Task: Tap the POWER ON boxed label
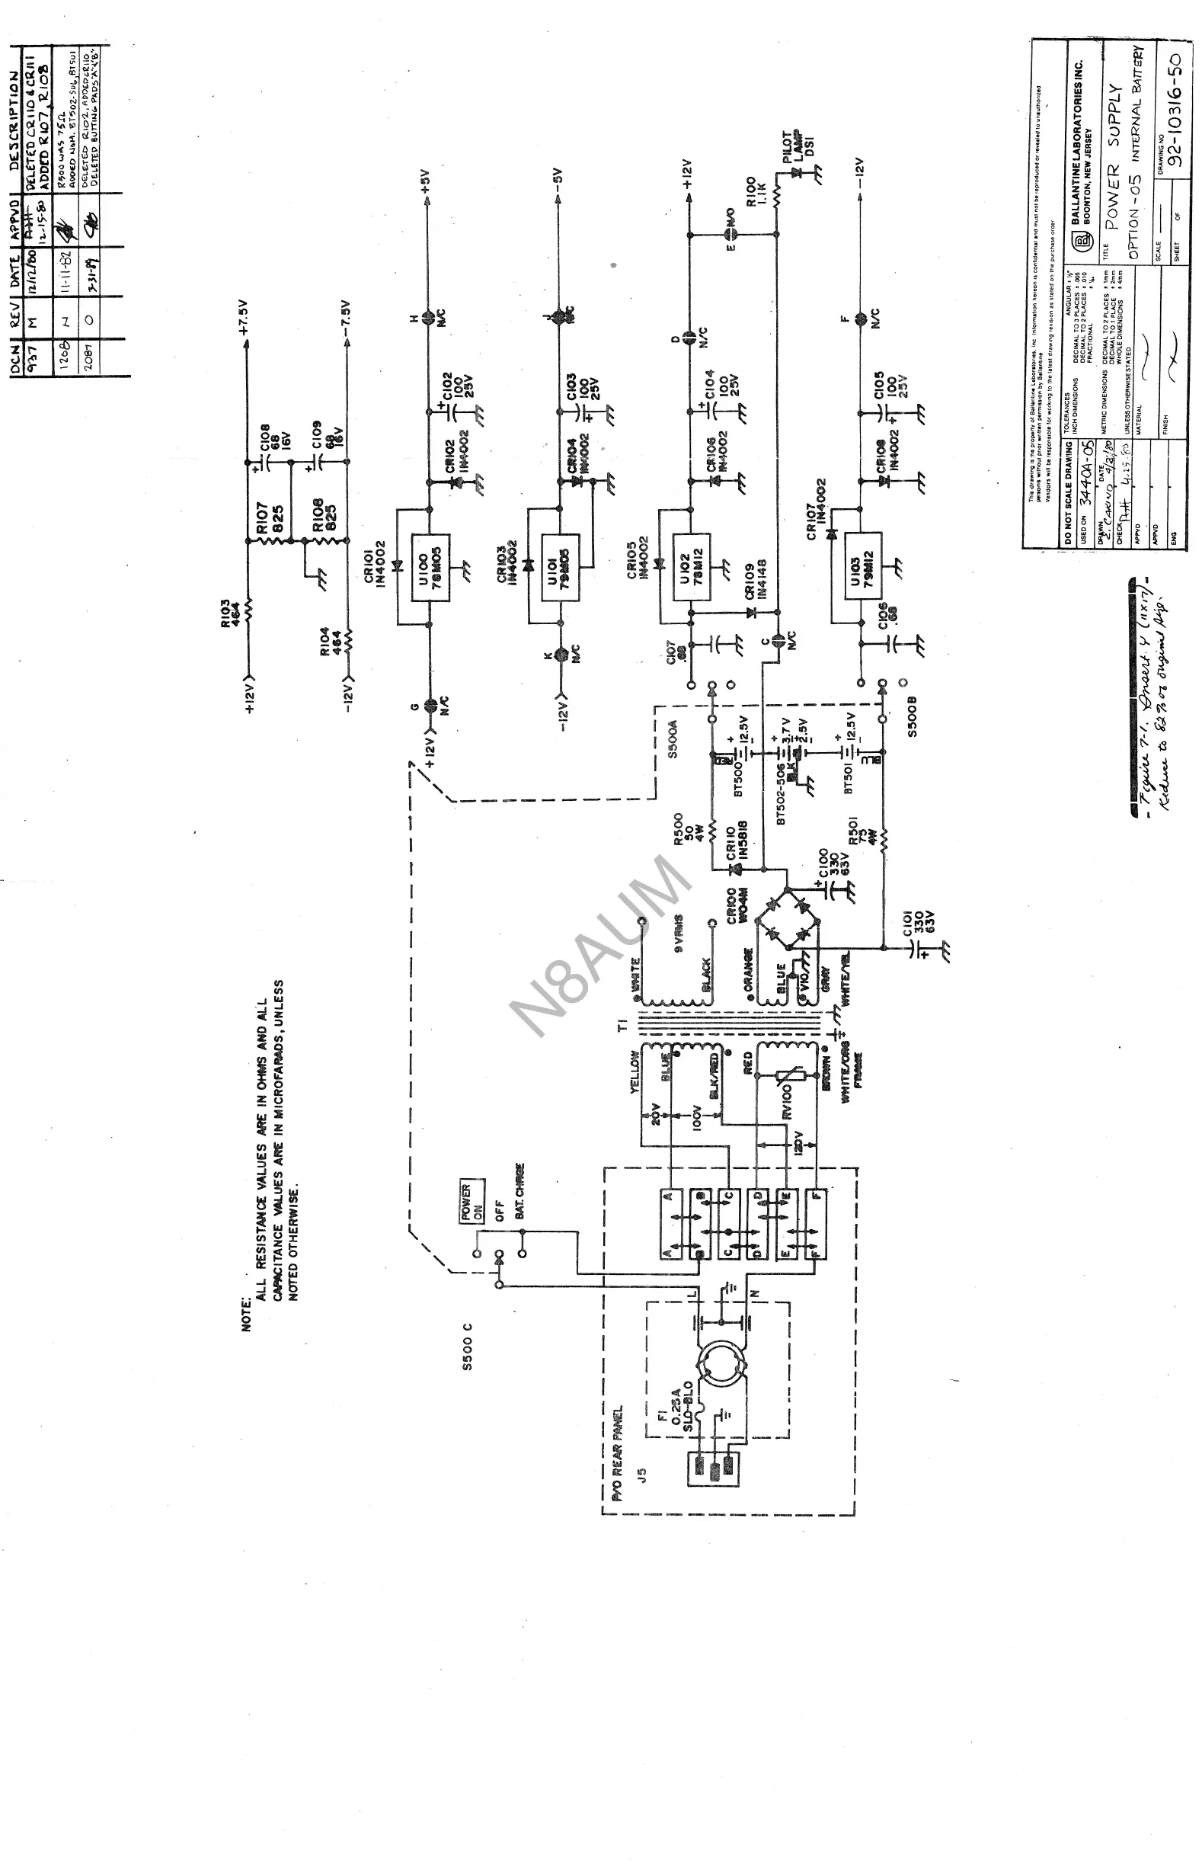(472, 1201)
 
